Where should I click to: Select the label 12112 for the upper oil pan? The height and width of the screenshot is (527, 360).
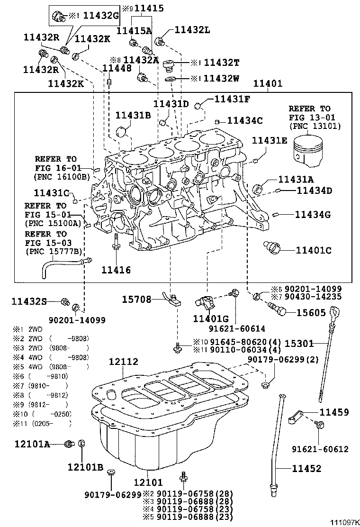[123, 362]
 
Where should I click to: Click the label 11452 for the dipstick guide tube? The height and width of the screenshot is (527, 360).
[306, 469]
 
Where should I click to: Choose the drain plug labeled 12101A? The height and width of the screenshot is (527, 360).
[70, 444]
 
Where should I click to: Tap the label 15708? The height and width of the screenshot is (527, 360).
[136, 300]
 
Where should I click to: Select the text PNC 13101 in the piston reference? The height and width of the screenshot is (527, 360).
[315, 126]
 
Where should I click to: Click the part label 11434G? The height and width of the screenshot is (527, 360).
[313, 215]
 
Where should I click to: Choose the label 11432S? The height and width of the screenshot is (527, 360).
[29, 301]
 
